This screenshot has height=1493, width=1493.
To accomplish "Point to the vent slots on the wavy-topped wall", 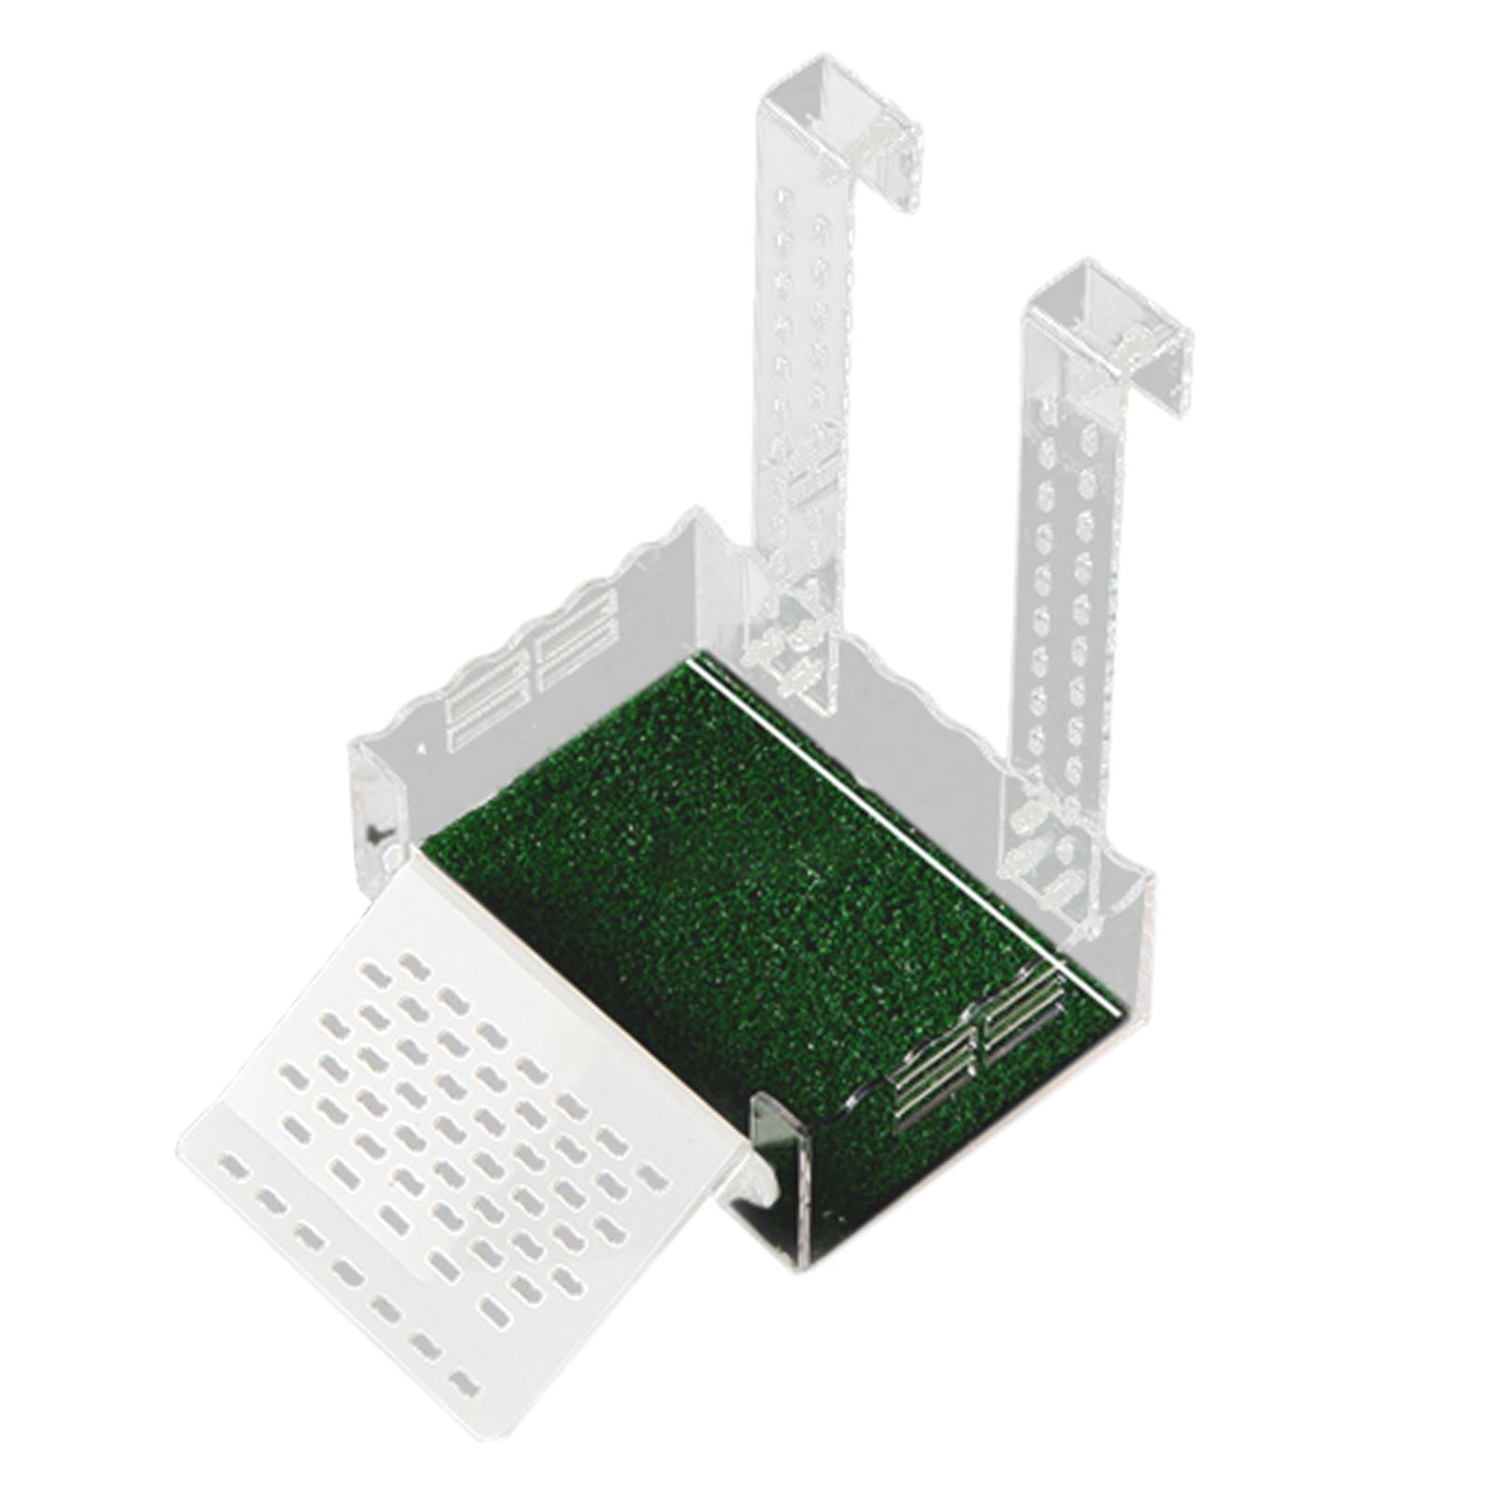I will [x=532, y=672].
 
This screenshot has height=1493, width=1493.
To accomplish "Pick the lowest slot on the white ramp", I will [x=461, y=1383].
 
